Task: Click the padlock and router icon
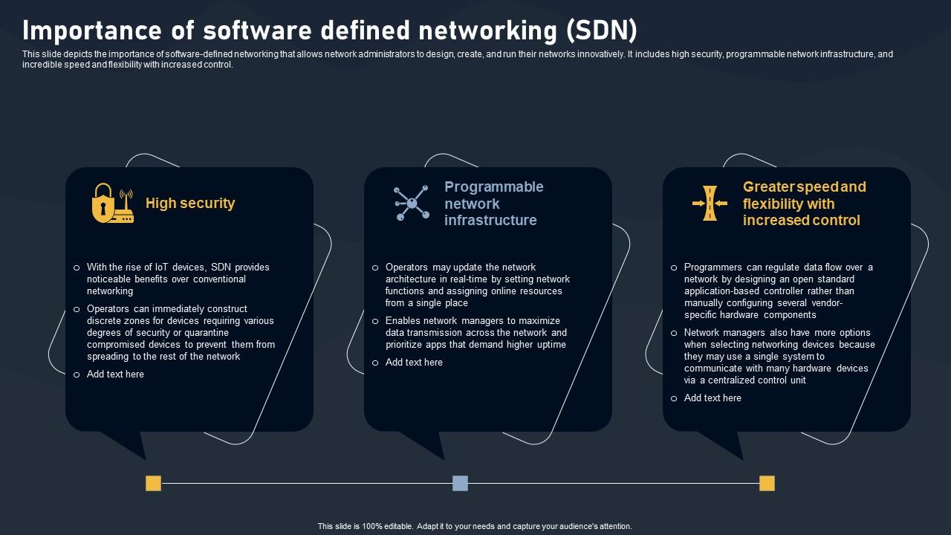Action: (112, 204)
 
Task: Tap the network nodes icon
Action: (412, 203)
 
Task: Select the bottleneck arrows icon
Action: (710, 204)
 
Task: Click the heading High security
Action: (190, 204)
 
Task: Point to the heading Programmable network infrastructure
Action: (493, 204)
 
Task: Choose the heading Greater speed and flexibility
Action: (804, 204)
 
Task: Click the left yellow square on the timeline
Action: (153, 484)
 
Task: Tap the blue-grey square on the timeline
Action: (460, 484)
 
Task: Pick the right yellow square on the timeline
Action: (767, 484)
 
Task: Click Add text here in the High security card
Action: (115, 374)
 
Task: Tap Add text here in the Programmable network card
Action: (414, 363)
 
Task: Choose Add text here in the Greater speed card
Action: (713, 398)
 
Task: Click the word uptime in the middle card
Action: (551, 345)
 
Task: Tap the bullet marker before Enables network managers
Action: (375, 322)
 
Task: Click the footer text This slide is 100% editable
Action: (475, 526)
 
